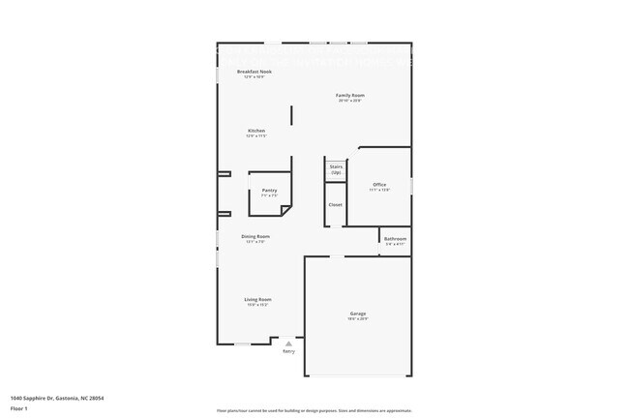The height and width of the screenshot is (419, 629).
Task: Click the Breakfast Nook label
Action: (255, 72)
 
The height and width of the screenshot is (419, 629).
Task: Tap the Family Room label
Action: (350, 95)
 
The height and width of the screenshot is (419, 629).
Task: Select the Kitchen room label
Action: (256, 131)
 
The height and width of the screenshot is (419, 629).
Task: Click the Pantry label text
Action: (269, 190)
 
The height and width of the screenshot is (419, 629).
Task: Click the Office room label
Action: (379, 184)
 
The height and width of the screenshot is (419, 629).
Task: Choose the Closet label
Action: (335, 204)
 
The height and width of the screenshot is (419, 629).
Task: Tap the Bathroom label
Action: (395, 238)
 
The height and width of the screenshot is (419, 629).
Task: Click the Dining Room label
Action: (255, 236)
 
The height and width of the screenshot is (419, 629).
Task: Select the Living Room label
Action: (257, 300)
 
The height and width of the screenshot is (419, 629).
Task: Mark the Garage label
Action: (358, 313)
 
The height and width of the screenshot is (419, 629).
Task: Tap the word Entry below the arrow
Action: (288, 351)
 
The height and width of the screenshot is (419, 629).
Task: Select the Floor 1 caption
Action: (19, 408)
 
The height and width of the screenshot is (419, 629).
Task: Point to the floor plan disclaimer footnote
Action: (314, 410)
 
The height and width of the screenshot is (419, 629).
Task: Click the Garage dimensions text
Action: (358, 318)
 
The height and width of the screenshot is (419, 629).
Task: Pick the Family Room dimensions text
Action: (350, 101)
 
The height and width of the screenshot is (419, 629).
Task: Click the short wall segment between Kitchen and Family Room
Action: (291, 119)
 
